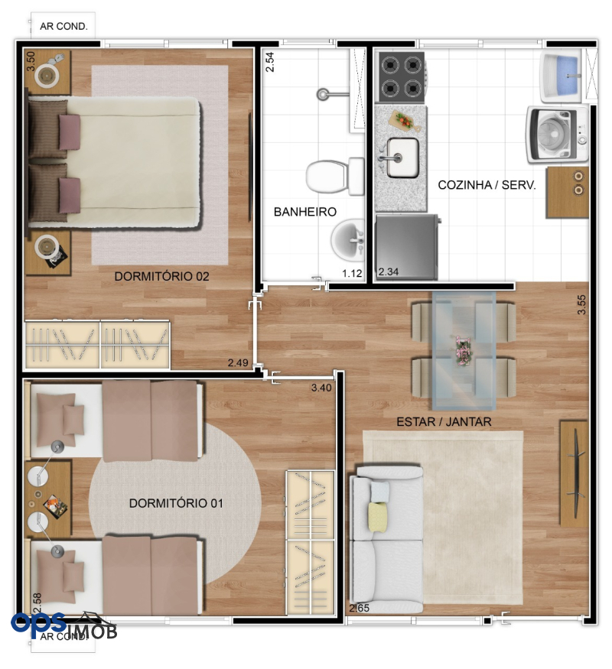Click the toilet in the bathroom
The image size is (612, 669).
tap(335, 176)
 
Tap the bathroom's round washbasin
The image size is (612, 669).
tap(348, 240)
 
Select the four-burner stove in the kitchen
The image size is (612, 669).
tap(401, 76)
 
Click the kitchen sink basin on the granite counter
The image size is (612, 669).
tap(402, 158)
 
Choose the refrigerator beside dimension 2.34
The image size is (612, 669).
tap(407, 248)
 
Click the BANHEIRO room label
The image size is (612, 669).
tap(304, 212)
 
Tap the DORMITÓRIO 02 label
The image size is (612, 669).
tap(161, 276)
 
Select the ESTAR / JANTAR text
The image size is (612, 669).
tap(444, 422)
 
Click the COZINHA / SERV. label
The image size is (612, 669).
tap(487, 185)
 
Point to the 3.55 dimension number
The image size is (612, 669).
tap(581, 304)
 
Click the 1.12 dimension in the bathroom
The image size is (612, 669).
tap(352, 273)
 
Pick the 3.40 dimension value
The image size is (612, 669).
tap(321, 388)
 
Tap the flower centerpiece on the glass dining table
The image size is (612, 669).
tap(462, 350)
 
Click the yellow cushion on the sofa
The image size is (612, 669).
tap(378, 517)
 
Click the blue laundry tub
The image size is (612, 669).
tap(562, 75)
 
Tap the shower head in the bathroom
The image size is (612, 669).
tap(323, 93)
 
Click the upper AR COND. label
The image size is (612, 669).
tap(63, 27)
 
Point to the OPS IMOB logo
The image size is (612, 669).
tap(64, 626)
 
